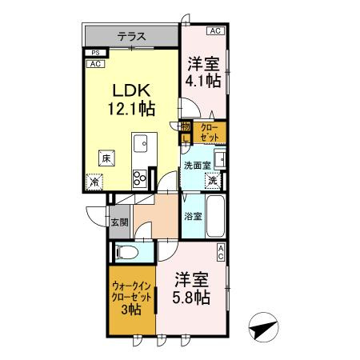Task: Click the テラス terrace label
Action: coord(132,35)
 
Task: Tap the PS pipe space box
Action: coord(94,54)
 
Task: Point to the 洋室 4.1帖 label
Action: coord(203,72)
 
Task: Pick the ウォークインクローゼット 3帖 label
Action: coord(129,297)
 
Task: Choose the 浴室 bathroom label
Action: coord(193,215)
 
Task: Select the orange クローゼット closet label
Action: coord(210,132)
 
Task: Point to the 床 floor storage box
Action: coord(106,158)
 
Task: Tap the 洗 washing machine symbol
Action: coord(214,181)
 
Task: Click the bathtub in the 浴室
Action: coord(216,214)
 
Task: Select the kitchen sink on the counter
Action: coord(140,146)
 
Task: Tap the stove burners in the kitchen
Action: coord(139,177)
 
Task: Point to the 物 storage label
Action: coord(186,126)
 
